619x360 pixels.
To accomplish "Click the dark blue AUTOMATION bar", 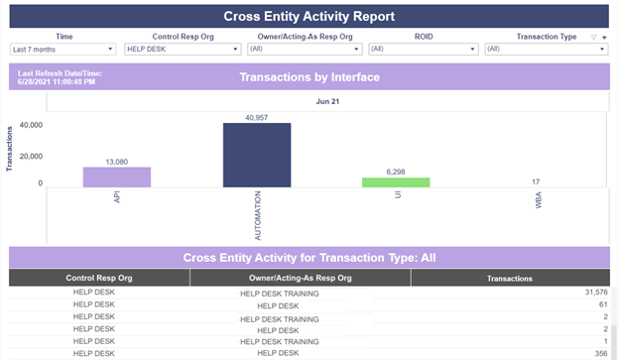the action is coord(257,155).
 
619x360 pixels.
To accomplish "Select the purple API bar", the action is coord(117,177).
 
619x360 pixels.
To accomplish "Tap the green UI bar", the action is coord(396,182).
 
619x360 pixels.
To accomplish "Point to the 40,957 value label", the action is coord(257,118).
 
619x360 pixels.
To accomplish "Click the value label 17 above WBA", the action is coord(536,181).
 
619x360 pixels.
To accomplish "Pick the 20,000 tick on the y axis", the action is coord(31,157).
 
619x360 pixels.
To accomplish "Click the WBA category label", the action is coord(539,200).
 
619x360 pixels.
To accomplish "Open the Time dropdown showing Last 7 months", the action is coord(63,50).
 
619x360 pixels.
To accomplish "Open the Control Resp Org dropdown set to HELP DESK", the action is coord(183,49).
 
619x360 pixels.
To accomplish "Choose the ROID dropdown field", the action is coord(424,49).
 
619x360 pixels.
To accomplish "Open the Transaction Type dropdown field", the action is coord(547,49).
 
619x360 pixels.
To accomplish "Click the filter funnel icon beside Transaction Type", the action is coord(593,38).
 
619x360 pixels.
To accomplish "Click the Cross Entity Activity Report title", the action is coord(309,16).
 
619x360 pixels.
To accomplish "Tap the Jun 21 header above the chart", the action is coord(327,101).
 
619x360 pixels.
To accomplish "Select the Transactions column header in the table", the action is coord(510,279).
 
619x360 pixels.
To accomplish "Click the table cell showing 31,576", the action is coord(596,293).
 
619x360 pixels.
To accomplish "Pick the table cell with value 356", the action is coord(601,353).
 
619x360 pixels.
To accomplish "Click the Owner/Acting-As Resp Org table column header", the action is coord(300,278).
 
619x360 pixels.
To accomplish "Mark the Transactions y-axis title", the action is coord(9,149).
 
